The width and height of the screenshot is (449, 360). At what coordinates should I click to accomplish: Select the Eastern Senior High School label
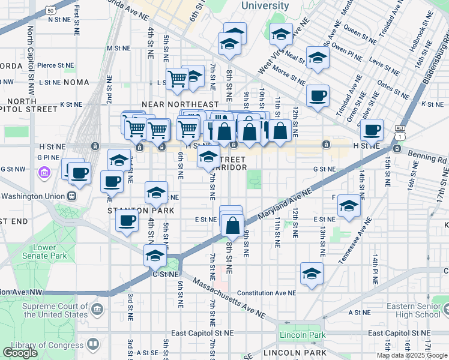point(414,310)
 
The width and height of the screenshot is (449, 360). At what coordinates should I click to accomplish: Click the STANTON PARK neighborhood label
point(140,211)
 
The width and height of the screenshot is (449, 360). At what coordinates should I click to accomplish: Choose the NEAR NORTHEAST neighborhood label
point(177,104)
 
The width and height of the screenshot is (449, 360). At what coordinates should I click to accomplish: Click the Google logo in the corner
point(20,353)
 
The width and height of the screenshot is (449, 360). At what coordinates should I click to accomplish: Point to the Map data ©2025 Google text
point(412,355)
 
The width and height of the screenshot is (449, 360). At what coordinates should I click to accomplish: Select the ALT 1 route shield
point(400,132)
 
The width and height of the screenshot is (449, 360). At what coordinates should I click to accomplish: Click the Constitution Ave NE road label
point(267,293)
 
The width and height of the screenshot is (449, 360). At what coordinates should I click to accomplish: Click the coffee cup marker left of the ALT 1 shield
point(373,130)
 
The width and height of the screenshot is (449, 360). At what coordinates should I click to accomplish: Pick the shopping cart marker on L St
point(177,79)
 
